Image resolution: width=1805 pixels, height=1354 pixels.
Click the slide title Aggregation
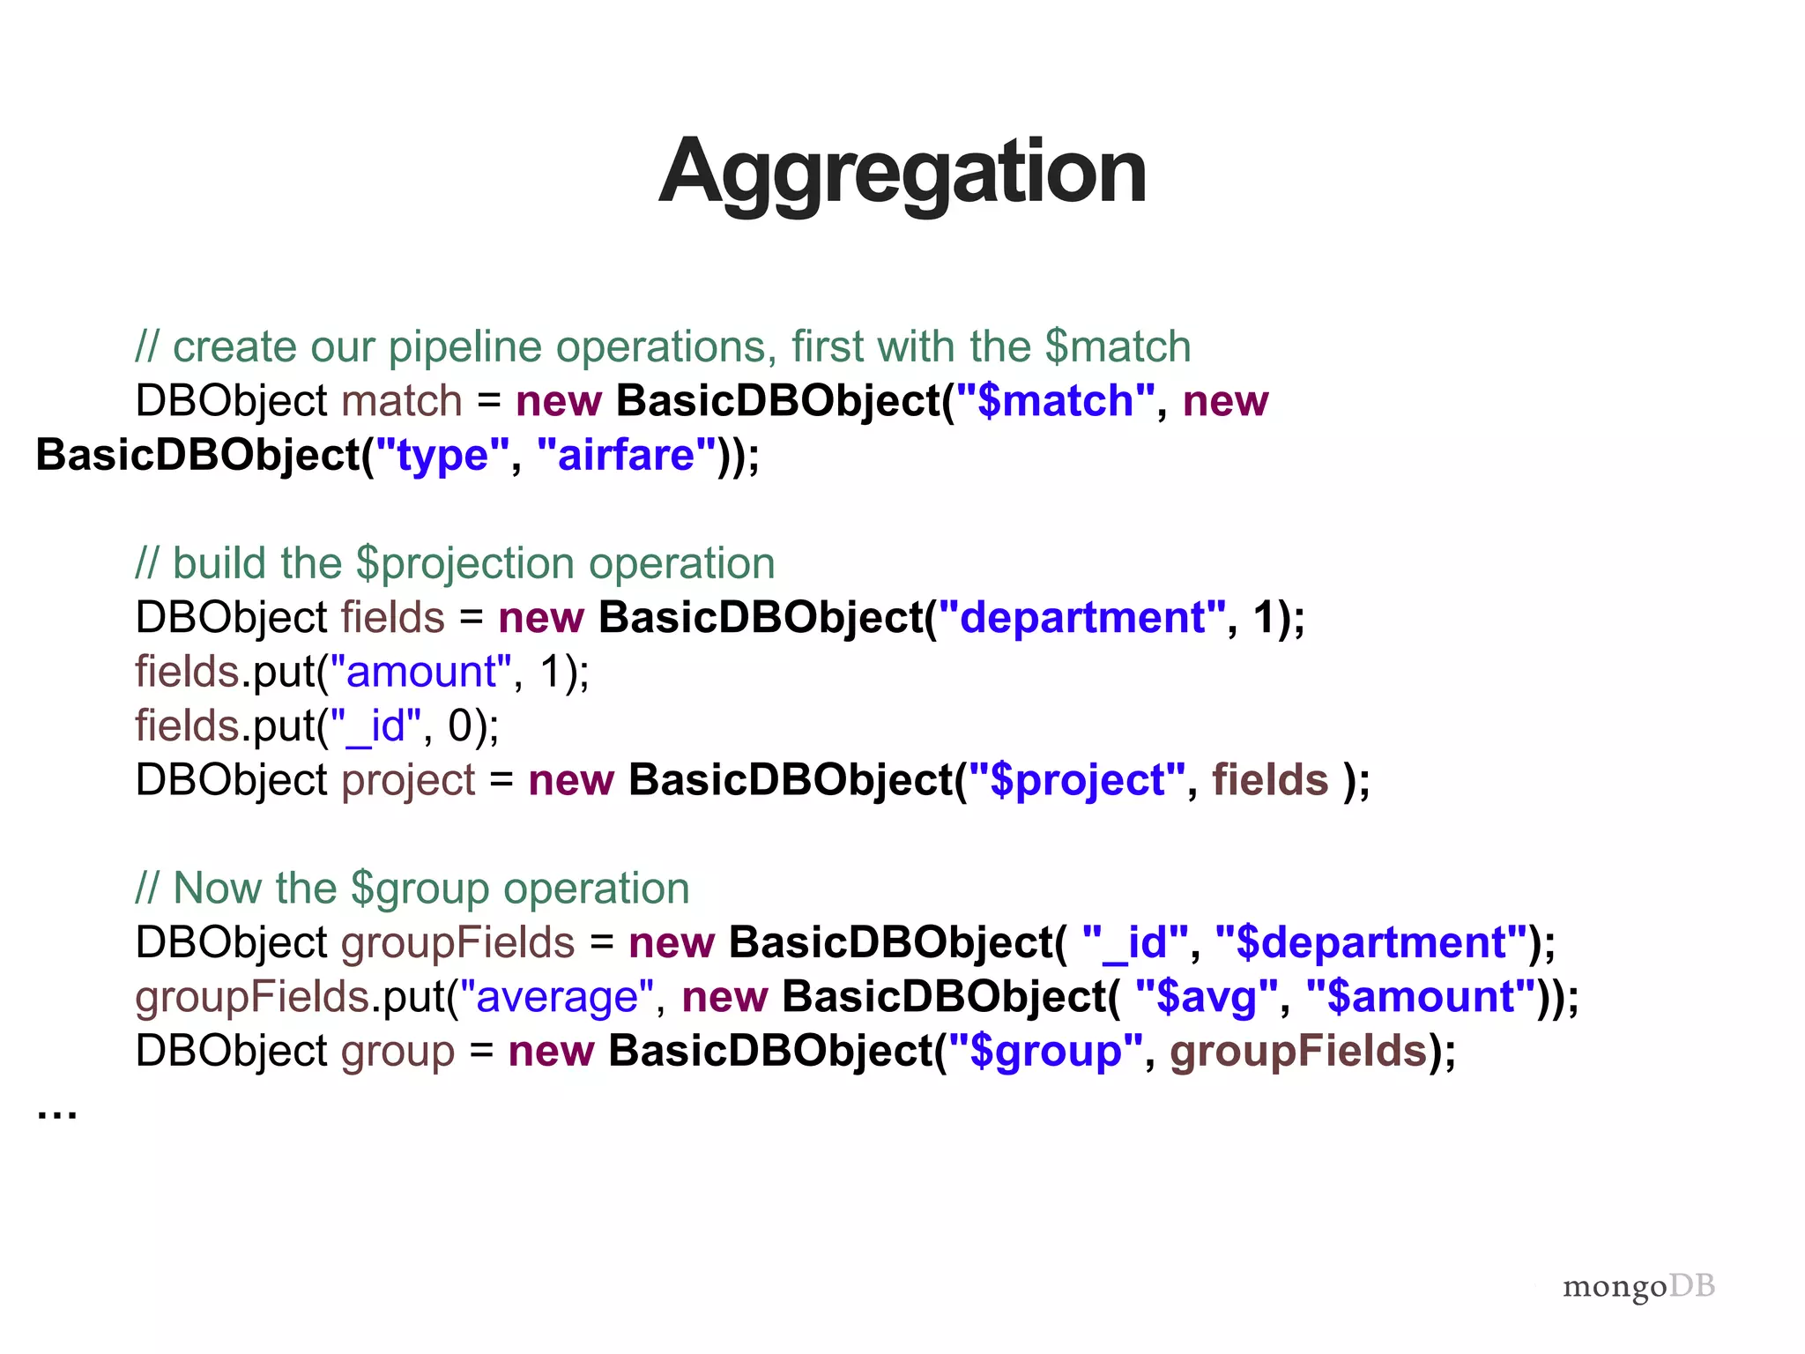(x=902, y=172)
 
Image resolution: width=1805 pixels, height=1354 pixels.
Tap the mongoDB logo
(x=1638, y=1286)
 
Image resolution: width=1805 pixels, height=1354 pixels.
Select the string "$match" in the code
(x=1055, y=401)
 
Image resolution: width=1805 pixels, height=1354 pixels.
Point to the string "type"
(x=442, y=456)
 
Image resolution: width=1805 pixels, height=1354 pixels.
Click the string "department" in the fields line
(x=1081, y=618)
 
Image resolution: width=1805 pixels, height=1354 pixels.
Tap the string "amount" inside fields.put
(x=420, y=673)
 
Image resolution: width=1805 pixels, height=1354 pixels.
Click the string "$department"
(x=1370, y=943)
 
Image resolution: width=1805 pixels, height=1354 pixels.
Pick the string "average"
(x=557, y=998)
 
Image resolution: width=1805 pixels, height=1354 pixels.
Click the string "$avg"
(x=1206, y=998)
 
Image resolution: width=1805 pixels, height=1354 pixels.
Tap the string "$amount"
(x=1421, y=998)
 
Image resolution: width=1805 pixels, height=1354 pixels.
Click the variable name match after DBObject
(x=401, y=401)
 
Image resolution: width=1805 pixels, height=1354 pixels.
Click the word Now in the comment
(x=212, y=889)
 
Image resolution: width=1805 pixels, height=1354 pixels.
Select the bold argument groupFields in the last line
(x=1297, y=1052)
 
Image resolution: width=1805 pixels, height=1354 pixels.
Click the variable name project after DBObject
(x=408, y=781)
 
